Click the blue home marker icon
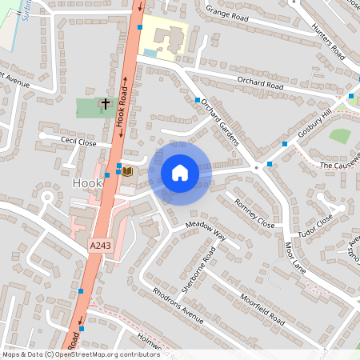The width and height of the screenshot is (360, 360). [x=180, y=173]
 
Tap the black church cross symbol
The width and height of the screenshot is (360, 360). [x=105, y=103]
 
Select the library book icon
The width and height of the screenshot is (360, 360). [x=126, y=170]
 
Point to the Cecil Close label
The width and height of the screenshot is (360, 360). [x=78, y=142]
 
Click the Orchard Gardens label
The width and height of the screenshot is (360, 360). [x=220, y=121]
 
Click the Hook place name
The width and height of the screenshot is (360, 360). [x=87, y=183]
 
